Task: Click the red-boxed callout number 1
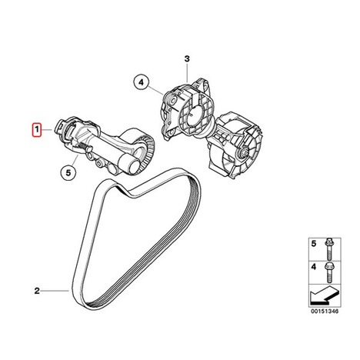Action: [37, 130]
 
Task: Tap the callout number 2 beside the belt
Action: [37, 291]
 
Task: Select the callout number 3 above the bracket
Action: [188, 59]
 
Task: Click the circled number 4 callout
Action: [141, 82]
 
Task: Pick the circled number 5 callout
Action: [68, 173]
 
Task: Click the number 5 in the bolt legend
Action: [314, 244]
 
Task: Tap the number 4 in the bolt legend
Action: [314, 267]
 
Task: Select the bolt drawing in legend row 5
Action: [328, 249]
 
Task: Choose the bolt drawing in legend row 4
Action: [328, 272]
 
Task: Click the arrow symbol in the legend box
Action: [324, 295]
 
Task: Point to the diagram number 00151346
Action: [325, 312]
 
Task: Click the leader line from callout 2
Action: [55, 291]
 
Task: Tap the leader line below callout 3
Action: [188, 72]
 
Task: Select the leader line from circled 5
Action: [75, 160]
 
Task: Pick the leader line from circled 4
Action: [155, 91]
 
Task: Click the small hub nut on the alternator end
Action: [243, 153]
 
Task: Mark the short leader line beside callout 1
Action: [47, 130]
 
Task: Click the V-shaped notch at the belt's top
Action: [126, 192]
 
